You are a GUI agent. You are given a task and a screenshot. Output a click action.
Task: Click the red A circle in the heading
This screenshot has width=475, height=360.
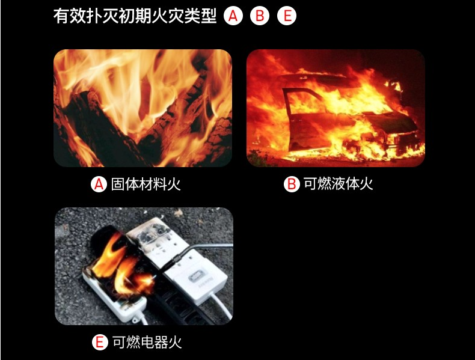[x=233, y=16]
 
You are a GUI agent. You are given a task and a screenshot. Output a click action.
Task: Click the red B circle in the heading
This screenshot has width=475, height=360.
[x=260, y=16]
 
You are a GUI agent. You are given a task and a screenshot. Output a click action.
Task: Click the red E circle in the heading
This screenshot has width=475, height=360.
[x=287, y=16]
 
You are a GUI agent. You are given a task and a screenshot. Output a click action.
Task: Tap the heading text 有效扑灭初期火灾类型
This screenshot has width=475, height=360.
[x=135, y=16]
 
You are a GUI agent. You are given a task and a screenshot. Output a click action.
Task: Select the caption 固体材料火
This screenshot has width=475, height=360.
[x=146, y=184]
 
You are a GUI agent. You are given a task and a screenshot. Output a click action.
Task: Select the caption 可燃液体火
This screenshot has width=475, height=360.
[x=339, y=184]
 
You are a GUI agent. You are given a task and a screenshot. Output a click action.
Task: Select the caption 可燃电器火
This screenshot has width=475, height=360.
[x=146, y=343]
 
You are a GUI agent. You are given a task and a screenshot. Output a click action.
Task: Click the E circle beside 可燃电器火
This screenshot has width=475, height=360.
[x=100, y=343]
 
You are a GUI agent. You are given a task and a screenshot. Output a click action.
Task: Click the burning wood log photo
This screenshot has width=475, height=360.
[x=142, y=108]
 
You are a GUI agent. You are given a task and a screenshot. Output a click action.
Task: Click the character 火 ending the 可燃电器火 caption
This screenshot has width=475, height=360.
[x=174, y=343]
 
